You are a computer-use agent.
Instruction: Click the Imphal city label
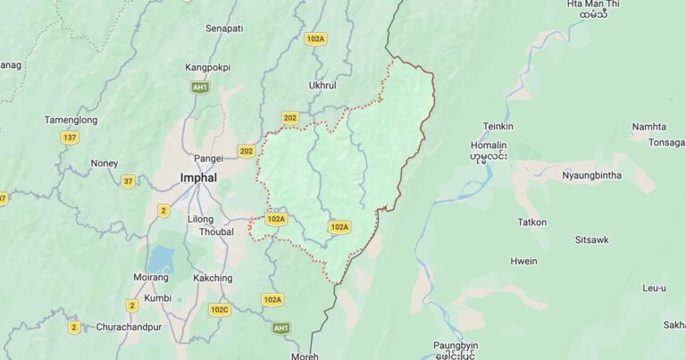pyautogui.click(x=198, y=177)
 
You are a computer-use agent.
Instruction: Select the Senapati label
pyautogui.click(x=224, y=29)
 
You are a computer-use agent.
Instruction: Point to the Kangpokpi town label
pyautogui.click(x=207, y=67)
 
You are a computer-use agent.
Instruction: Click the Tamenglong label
pyautogui.click(x=71, y=120)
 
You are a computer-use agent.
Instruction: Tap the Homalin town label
pyautogui.click(x=488, y=146)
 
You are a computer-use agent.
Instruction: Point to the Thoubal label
pyautogui.click(x=215, y=231)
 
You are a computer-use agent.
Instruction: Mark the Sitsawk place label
pyautogui.click(x=591, y=240)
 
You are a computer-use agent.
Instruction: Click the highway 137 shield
pyautogui.click(x=70, y=138)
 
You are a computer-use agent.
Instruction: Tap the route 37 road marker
pyautogui.click(x=129, y=181)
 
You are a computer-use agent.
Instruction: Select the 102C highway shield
pyautogui.click(x=219, y=309)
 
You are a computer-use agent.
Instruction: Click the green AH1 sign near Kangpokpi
pyautogui.click(x=200, y=87)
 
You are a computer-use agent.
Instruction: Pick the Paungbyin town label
pyautogui.click(x=456, y=345)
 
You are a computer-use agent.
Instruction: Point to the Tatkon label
pyautogui.click(x=531, y=222)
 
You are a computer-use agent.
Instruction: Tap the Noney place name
pyautogui.click(x=104, y=163)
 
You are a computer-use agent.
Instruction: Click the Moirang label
pyautogui.click(x=151, y=278)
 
